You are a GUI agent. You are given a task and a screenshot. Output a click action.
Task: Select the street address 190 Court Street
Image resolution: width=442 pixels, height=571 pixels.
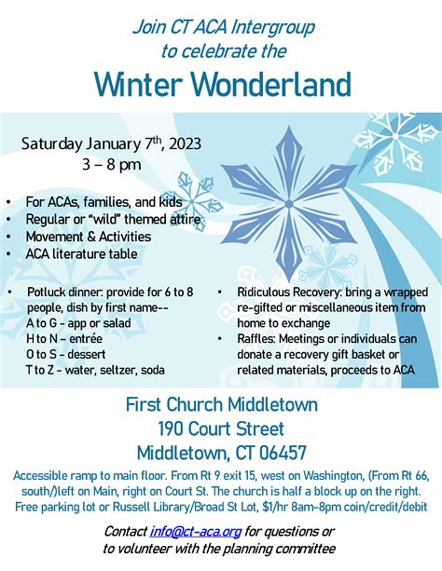[x=221, y=429]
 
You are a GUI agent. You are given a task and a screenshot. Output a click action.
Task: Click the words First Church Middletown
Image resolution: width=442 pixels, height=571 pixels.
[x=221, y=405]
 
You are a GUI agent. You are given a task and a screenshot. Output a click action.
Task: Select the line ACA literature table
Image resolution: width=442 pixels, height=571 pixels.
[x=81, y=253]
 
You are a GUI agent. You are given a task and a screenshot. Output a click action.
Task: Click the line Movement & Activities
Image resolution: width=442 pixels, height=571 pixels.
[x=88, y=236]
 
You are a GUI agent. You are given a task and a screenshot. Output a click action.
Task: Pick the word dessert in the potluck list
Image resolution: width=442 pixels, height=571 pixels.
[x=81, y=354]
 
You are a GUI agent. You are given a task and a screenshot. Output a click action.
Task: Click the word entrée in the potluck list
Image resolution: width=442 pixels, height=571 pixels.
[x=84, y=339]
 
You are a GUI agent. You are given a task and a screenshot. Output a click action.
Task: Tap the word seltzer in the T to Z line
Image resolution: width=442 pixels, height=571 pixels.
[x=116, y=370]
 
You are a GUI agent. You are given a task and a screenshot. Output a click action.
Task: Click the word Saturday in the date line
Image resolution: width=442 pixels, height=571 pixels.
[x=53, y=144]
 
